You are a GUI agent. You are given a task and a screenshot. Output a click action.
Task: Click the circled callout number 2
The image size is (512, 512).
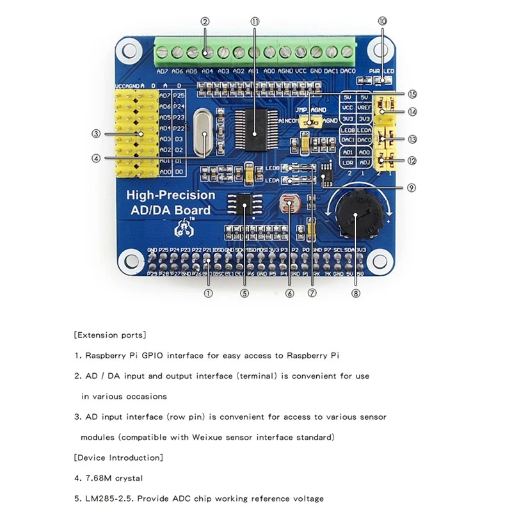(x=205, y=21)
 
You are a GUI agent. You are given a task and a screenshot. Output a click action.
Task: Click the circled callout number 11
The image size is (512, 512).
(x=255, y=21)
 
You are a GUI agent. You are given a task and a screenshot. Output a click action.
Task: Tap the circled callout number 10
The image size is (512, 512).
(x=383, y=21)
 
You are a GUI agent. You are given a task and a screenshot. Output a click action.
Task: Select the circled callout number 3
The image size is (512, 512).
(x=95, y=134)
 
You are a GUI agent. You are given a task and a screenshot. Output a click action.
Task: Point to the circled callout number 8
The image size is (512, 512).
(x=356, y=294)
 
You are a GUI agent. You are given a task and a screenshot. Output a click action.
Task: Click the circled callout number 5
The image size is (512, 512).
(x=244, y=294)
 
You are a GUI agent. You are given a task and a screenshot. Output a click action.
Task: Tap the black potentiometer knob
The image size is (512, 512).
(x=351, y=211)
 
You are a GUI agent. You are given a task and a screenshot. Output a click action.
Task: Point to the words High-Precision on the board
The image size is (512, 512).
(x=171, y=196)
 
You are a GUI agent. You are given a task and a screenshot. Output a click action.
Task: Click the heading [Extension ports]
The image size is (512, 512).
(x=110, y=335)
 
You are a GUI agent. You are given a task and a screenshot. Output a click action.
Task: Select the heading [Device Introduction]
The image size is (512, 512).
(x=118, y=458)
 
